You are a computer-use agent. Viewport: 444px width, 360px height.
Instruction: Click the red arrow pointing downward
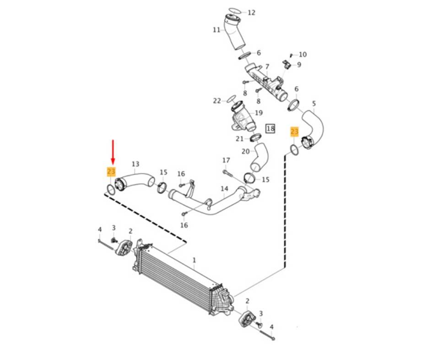[113, 153]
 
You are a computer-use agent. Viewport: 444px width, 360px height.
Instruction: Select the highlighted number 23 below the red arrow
[111, 172]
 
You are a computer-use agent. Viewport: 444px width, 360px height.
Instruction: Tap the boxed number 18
[271, 128]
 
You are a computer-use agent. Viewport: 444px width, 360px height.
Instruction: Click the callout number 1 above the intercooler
[194, 260]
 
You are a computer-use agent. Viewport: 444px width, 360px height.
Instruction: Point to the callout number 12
[251, 12]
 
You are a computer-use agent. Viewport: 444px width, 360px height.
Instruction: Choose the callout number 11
[217, 30]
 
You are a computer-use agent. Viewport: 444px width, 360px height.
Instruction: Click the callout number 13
[135, 164]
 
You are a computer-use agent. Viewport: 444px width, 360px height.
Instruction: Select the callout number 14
[224, 188]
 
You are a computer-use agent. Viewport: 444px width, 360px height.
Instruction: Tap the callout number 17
[226, 160]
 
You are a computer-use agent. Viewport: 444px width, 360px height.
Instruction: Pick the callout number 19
[259, 113]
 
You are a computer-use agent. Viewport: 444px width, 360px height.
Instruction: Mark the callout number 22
[217, 100]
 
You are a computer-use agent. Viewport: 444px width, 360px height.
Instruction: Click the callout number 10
[303, 55]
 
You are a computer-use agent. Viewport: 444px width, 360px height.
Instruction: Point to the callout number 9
[299, 65]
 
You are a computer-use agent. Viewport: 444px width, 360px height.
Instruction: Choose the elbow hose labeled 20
[259, 157]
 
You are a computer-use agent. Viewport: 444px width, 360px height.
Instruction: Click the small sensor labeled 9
[287, 63]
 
